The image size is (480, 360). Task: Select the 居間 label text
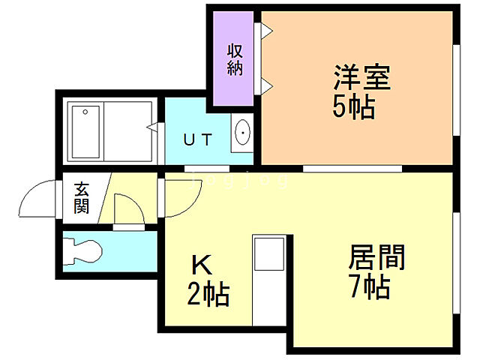pos(377,259)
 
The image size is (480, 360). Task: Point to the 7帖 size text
pos(370,287)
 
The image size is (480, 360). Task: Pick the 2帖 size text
pos(208,293)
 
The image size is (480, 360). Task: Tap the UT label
pos(199,139)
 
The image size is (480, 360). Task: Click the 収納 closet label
pos(233,59)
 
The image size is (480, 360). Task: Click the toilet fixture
pos(82,249)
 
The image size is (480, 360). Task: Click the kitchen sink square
pos(268,255)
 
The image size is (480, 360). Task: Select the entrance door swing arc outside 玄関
pos(39,199)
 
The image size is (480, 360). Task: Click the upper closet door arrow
pos(266,31)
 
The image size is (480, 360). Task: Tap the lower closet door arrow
pos(266,85)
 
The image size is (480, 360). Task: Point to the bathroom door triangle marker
pos(152,128)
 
